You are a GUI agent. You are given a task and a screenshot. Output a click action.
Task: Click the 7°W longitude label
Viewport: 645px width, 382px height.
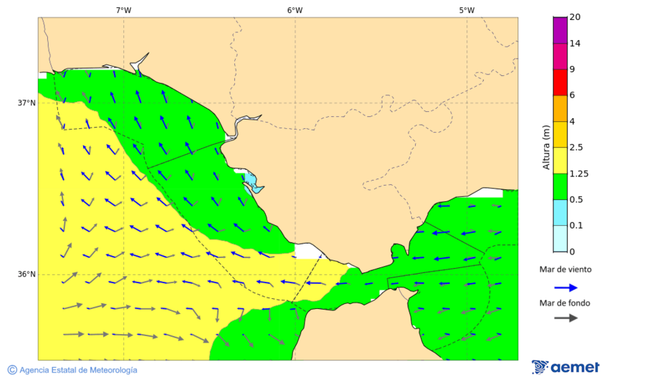(123, 10)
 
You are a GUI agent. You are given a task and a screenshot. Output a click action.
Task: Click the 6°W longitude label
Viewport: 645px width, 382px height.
(295, 10)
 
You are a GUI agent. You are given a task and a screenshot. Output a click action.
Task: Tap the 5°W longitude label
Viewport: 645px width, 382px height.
(467, 10)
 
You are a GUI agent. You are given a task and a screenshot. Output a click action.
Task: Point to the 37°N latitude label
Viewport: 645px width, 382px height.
(27, 102)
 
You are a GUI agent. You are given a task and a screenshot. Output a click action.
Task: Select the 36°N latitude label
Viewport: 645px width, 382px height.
(27, 274)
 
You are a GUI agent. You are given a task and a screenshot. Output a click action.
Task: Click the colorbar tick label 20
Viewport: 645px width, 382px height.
(574, 17)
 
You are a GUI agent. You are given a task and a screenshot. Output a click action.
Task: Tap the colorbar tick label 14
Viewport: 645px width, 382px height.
(574, 44)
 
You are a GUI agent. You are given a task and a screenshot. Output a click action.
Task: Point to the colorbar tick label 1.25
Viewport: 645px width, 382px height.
(578, 173)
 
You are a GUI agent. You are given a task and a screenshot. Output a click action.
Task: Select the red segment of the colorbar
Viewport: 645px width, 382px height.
(560, 82)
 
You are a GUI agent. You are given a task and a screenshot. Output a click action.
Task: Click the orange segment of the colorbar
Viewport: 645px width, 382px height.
(560, 108)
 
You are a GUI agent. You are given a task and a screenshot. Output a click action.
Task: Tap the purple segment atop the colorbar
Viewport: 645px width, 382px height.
(560, 30)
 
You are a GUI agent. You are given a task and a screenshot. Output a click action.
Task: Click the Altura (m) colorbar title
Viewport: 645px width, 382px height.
(546, 148)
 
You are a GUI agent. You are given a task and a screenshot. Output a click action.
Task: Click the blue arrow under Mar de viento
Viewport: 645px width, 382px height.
(566, 287)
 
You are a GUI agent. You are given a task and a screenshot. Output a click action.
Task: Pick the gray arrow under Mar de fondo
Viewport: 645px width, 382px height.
(566, 317)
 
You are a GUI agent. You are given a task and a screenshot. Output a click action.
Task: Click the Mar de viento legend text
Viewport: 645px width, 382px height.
(566, 269)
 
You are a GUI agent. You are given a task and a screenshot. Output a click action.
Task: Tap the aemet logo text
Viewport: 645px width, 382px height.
(575, 368)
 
